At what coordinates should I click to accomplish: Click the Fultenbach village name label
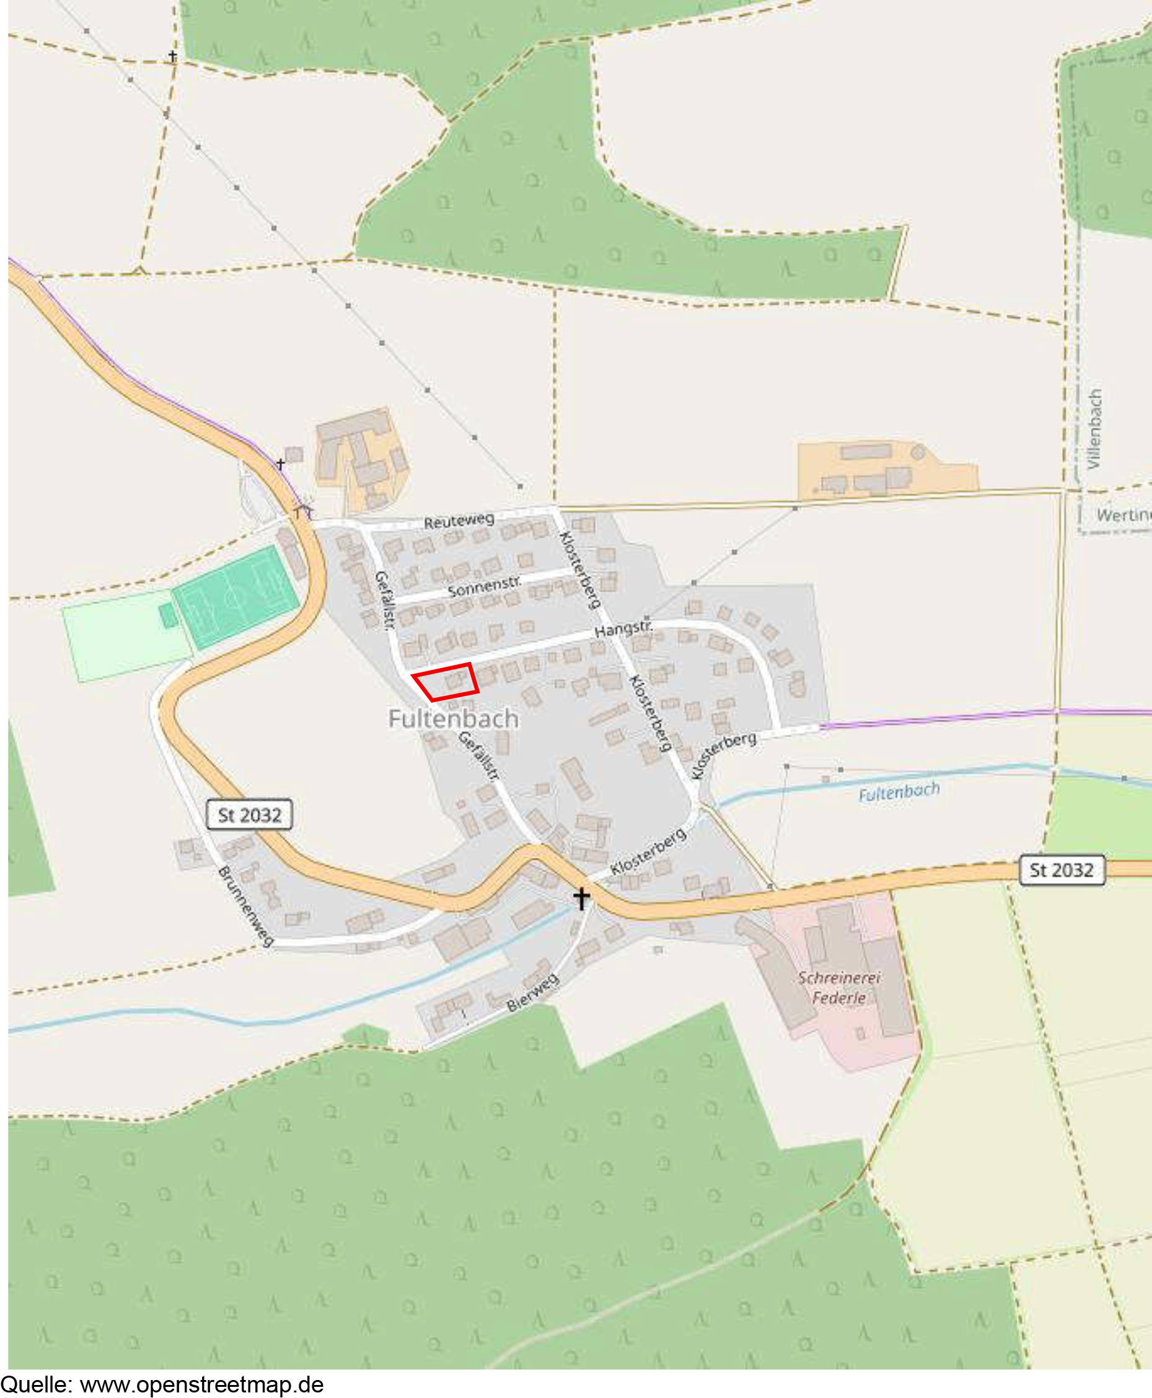tap(453, 719)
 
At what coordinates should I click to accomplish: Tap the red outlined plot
tap(446, 682)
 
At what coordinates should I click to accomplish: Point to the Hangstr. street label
tap(623, 628)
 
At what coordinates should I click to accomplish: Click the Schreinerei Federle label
tap(839, 987)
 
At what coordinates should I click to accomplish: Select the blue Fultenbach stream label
tap(899, 792)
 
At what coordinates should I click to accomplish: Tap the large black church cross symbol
tap(581, 899)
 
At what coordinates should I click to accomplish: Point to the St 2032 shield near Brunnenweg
tap(250, 815)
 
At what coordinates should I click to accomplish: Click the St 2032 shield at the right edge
tap(1061, 870)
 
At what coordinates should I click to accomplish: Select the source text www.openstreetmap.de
tap(202, 1385)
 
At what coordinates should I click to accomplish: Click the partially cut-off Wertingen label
tap(1123, 515)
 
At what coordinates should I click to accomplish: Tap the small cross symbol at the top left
tap(172, 56)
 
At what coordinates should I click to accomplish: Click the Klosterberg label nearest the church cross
tap(648, 852)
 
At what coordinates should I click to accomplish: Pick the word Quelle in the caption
tap(37, 1385)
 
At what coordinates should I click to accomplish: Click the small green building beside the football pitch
tap(169, 615)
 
